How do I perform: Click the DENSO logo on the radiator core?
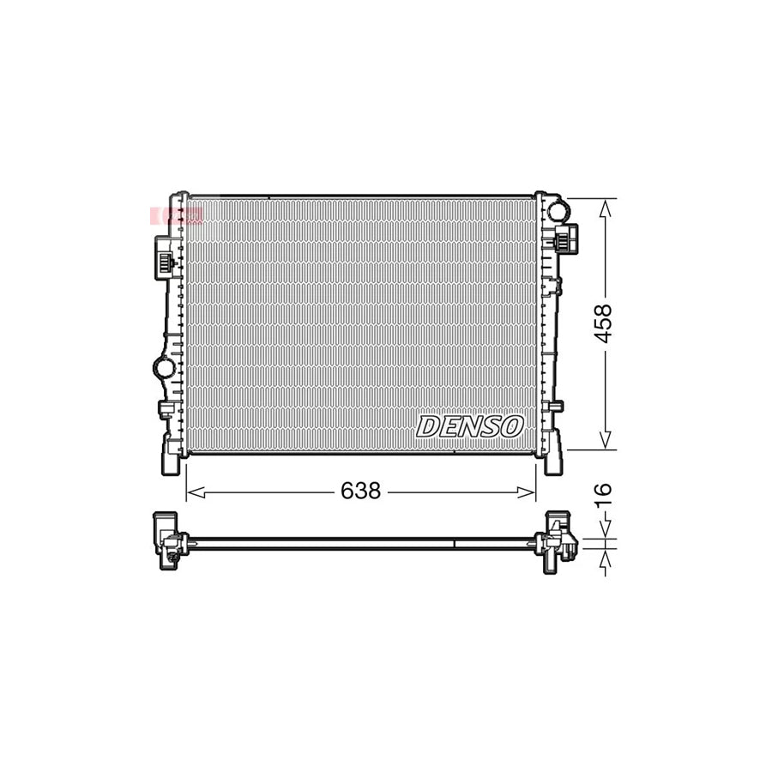click(470, 425)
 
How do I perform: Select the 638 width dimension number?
click(360, 492)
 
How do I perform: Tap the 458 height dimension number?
click(604, 323)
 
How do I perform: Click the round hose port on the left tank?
click(162, 368)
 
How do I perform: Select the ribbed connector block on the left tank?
click(163, 257)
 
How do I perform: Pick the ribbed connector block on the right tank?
click(568, 238)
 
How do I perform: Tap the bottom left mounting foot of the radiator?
click(172, 459)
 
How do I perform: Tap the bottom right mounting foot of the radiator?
click(552, 459)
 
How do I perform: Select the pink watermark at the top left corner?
click(177, 215)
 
